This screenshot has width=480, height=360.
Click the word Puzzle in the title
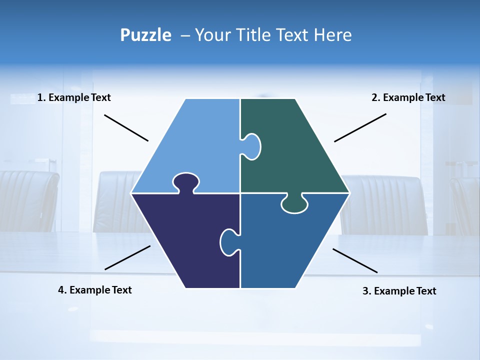(x=145, y=35)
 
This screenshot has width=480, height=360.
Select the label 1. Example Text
(x=74, y=97)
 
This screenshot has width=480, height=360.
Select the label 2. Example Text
(x=408, y=97)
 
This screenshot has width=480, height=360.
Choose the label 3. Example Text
(x=399, y=291)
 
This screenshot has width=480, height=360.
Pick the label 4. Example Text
(x=95, y=290)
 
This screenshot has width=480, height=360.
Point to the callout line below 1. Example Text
(x=126, y=128)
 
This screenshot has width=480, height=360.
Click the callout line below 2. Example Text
(x=360, y=127)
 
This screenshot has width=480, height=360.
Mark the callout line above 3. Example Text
(x=355, y=260)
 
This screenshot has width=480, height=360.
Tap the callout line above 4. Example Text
(x=127, y=257)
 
